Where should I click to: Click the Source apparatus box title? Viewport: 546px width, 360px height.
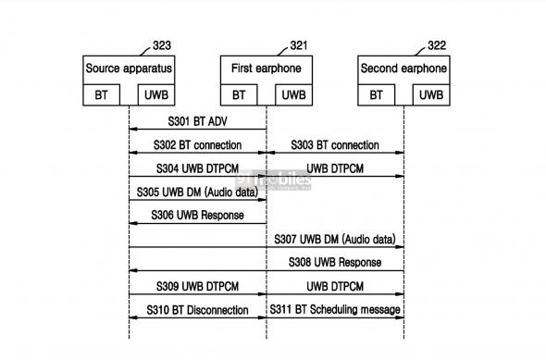tap(129, 69)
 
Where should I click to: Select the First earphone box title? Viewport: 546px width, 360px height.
tap(267, 69)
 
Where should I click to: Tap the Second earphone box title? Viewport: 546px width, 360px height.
tap(404, 69)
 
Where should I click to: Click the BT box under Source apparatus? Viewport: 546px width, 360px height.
tap(102, 94)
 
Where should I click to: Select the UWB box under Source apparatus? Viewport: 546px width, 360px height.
tap(154, 94)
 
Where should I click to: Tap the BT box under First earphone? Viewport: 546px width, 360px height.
tap(240, 94)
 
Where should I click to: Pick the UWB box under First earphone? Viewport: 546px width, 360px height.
tap(292, 94)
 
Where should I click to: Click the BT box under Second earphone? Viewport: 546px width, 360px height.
tap(377, 94)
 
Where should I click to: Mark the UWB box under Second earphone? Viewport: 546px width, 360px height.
tap(429, 94)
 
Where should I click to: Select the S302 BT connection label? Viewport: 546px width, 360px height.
tap(198, 145)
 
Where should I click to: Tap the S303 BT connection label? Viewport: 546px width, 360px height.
tap(335, 145)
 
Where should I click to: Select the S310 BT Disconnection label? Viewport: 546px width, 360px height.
tap(198, 309)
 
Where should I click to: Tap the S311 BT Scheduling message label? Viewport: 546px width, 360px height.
tap(335, 309)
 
